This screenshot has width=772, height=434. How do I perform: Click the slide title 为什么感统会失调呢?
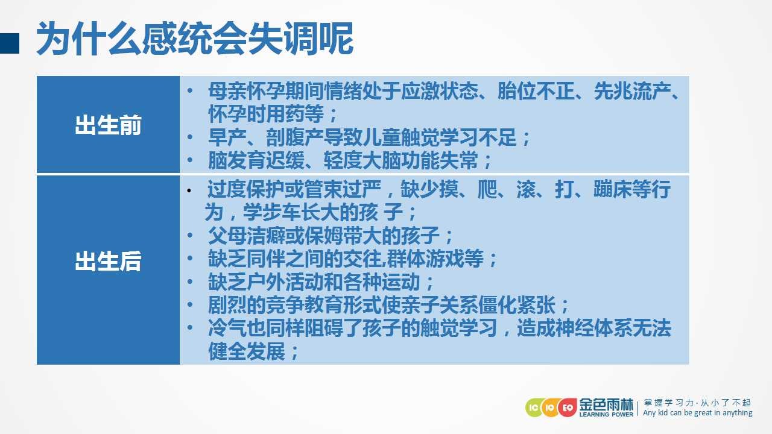point(195,39)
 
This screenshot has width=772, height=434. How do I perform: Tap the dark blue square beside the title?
point(9,43)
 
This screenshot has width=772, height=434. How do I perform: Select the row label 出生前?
point(108,125)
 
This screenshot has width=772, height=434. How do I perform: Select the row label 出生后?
point(108,261)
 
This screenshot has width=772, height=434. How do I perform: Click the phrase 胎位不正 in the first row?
point(536,91)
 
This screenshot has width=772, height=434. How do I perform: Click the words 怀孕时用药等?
point(266,114)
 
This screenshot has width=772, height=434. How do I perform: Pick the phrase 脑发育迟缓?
point(256,160)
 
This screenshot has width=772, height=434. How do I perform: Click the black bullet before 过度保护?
point(189,190)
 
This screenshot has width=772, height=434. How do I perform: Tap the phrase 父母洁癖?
point(247,236)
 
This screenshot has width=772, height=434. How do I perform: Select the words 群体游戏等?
point(435,259)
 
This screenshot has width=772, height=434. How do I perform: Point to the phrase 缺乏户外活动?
point(266,281)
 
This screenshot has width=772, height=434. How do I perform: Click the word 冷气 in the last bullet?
point(227,328)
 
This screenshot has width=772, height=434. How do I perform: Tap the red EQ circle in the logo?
point(568,408)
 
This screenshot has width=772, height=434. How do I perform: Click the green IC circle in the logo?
point(534,408)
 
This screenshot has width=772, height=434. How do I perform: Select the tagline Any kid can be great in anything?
point(698,413)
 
